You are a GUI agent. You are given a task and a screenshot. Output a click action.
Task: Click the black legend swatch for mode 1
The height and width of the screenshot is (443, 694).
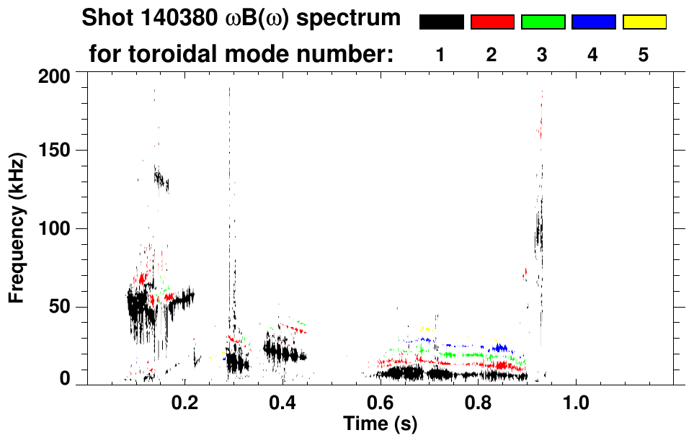[441, 22]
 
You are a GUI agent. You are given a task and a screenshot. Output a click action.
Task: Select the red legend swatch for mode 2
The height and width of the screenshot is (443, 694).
[492, 22]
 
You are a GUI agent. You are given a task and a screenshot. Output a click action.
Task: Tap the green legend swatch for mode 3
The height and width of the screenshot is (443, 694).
[543, 22]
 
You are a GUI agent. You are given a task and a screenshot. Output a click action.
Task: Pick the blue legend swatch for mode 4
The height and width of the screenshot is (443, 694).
[593, 22]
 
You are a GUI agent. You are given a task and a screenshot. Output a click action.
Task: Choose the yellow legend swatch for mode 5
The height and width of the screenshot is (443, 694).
[644, 22]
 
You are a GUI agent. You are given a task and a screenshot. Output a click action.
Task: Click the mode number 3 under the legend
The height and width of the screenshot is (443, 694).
[542, 55]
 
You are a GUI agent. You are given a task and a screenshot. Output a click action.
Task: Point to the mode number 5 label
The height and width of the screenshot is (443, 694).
[644, 55]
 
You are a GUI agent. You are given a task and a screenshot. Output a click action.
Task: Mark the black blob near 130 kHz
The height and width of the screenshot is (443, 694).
[160, 178]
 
